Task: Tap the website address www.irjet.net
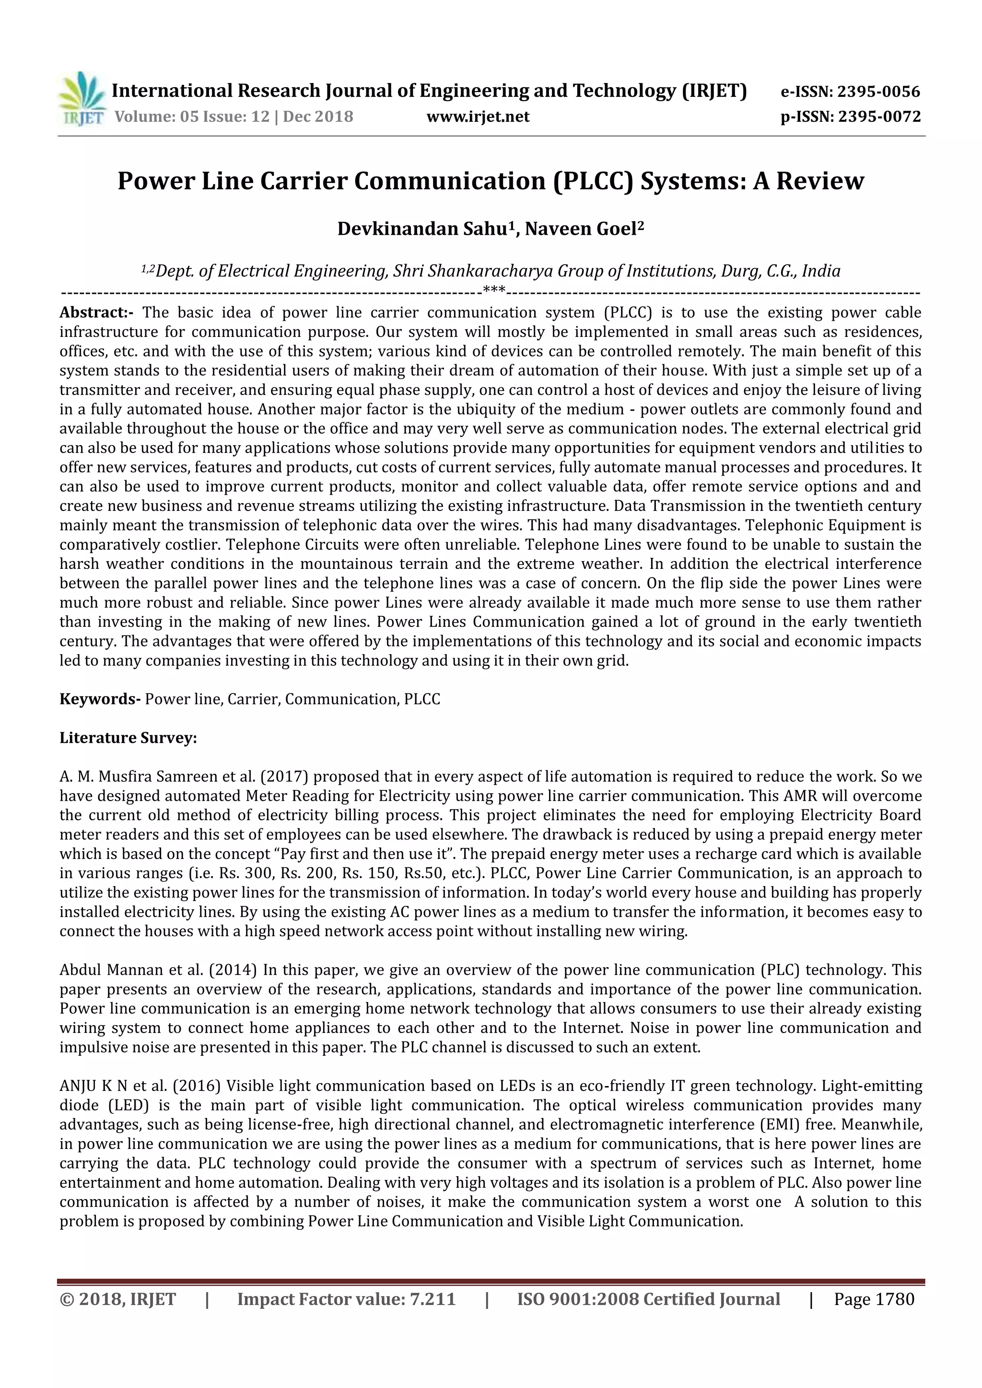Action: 478,116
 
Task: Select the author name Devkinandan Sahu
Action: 421,229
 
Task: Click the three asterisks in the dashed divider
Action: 494,291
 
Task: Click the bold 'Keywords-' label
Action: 100,699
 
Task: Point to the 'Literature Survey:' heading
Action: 128,738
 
